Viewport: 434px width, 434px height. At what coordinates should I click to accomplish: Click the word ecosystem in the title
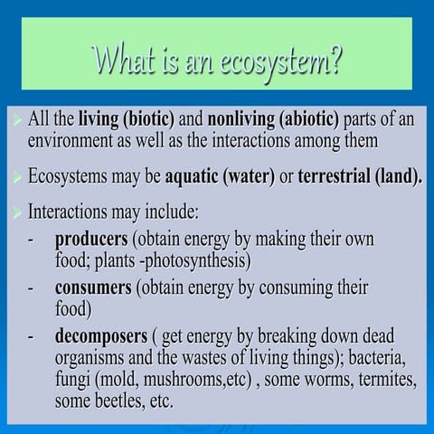[x=288, y=62]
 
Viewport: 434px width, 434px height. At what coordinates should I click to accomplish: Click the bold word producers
[x=91, y=241]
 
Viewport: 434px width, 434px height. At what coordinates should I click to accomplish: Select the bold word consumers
[x=93, y=288]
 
